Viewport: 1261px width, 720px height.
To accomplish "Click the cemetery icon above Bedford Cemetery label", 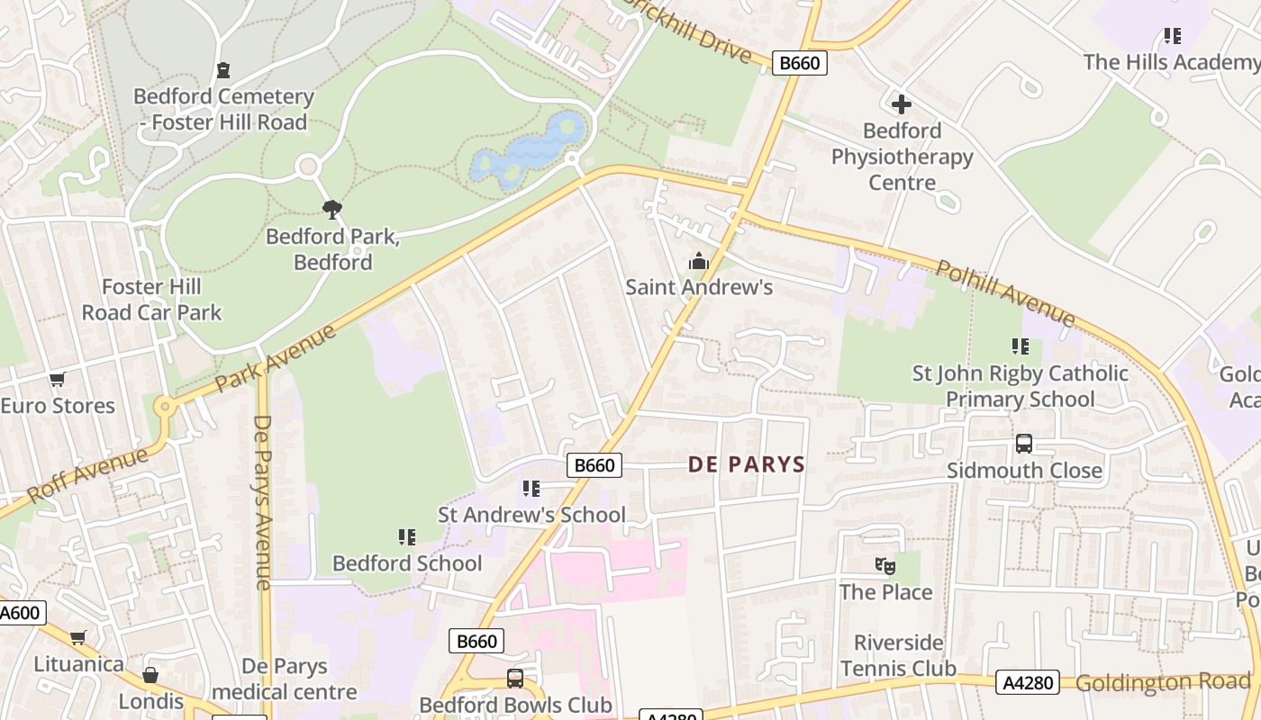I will tap(223, 70).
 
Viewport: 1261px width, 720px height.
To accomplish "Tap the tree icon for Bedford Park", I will tap(332, 210).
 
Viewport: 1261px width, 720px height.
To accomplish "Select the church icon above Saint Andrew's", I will tap(699, 262).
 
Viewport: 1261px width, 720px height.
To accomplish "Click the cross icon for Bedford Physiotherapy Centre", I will tap(902, 104).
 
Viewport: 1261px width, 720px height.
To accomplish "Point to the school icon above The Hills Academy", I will tap(1172, 36).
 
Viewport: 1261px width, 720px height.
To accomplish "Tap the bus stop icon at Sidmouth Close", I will tap(1024, 444).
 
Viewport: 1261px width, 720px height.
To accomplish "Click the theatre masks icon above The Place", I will tap(885, 566).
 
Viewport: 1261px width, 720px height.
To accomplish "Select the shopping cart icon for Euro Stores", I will tap(58, 380).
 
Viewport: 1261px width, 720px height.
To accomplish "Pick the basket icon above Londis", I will tap(150, 675).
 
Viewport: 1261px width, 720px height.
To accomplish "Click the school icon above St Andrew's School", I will tap(531, 489).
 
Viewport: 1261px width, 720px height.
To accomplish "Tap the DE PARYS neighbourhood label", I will tap(747, 464).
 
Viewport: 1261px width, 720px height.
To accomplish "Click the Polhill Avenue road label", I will tap(1005, 293).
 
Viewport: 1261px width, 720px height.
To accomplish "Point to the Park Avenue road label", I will tap(276, 358).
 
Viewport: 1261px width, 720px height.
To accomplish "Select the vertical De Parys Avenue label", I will tap(263, 502).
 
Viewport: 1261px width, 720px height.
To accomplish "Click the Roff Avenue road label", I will tap(87, 474).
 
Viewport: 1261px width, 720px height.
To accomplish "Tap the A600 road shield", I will tap(20, 613).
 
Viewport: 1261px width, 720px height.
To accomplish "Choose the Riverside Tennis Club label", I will tap(898, 655).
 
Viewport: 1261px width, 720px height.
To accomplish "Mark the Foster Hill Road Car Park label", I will tap(151, 300).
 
